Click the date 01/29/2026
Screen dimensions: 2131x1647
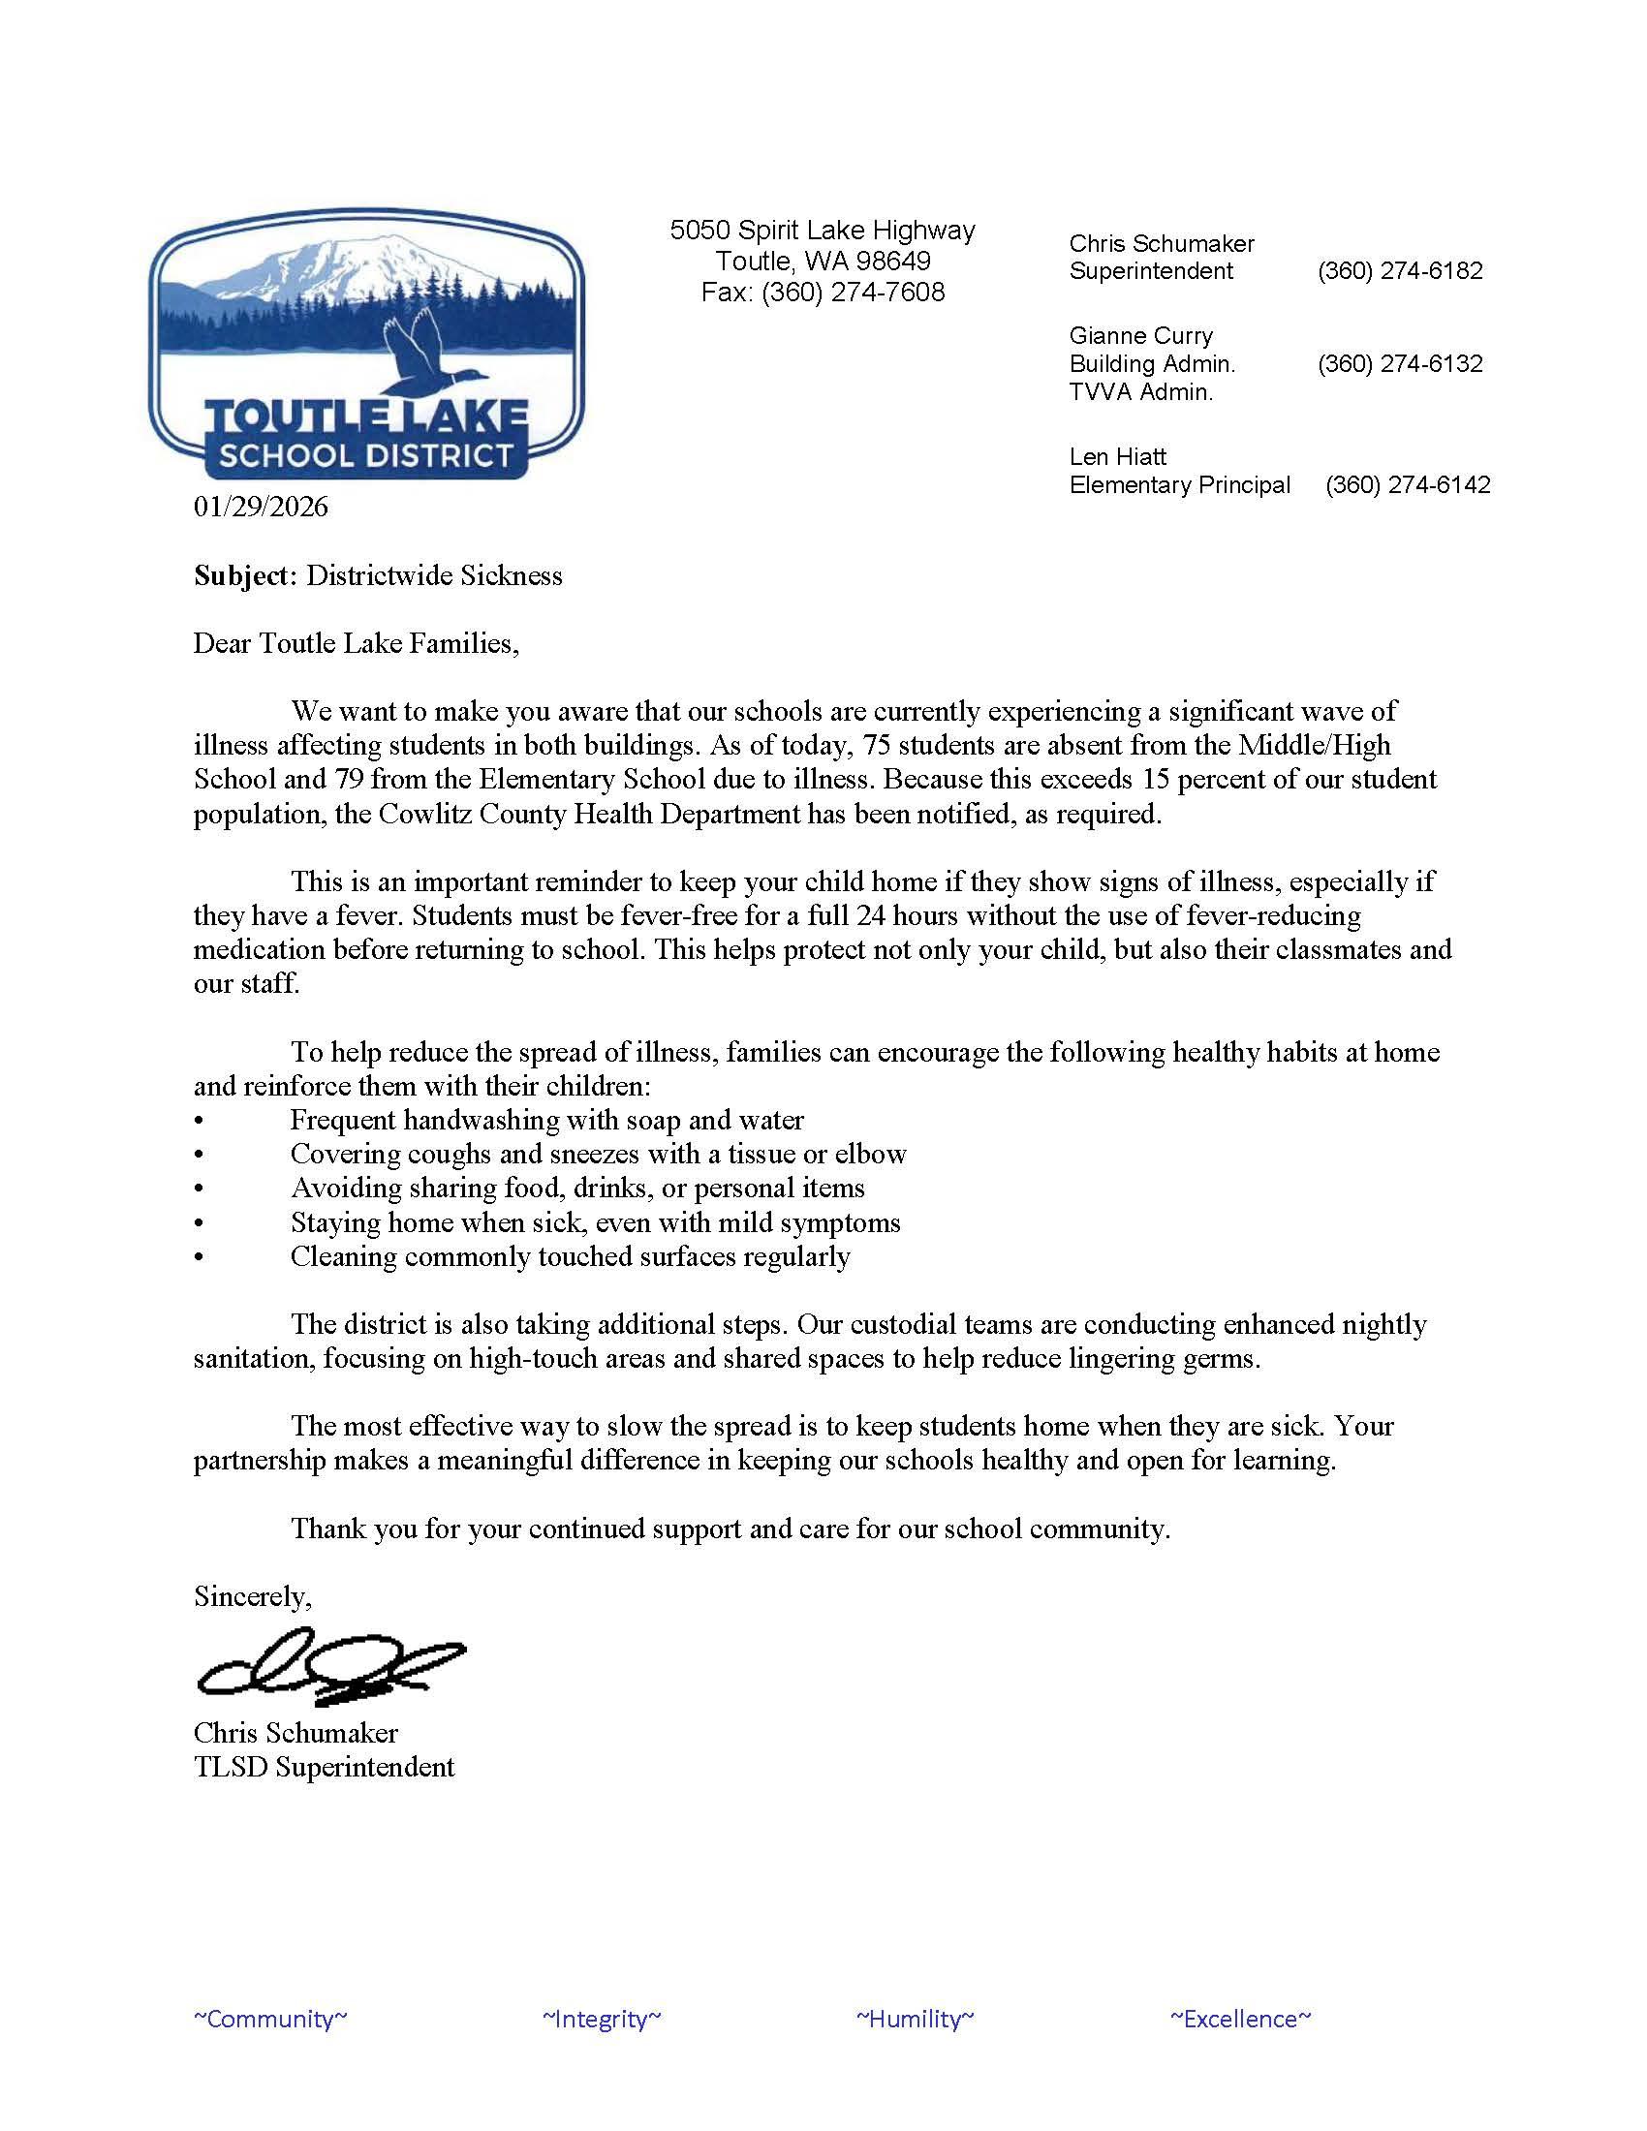coord(261,507)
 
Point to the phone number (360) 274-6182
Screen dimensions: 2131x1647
coord(1399,270)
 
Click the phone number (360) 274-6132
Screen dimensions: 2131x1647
coord(1399,363)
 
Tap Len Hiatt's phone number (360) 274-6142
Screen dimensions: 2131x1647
coord(1407,484)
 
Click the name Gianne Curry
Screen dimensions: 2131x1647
coord(1140,336)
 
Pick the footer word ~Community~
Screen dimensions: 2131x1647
coord(270,2018)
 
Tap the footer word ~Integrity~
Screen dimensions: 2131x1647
coord(602,2018)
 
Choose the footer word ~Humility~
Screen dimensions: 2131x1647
coord(916,2018)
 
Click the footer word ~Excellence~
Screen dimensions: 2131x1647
coord(1241,2018)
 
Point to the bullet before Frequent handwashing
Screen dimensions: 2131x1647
coord(199,1121)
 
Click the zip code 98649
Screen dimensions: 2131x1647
coord(893,261)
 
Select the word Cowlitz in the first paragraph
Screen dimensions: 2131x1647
coord(426,814)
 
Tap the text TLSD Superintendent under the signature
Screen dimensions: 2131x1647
coord(324,1766)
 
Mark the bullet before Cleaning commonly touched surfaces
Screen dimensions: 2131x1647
coord(199,1257)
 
